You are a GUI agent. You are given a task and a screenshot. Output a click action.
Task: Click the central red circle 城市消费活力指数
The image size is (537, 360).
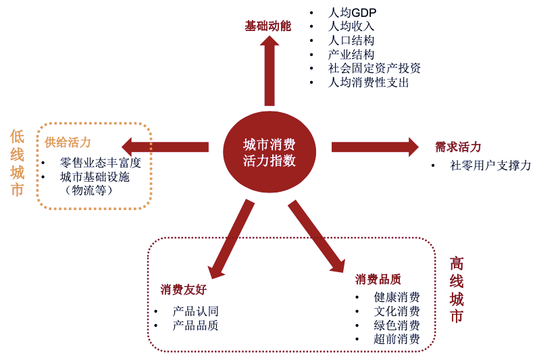[269, 153]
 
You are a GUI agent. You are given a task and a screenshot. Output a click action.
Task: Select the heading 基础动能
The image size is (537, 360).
[267, 26]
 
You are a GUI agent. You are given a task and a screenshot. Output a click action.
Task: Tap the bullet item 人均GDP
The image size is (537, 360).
[352, 13]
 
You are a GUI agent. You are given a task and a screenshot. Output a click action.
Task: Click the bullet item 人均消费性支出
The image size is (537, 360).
[368, 82]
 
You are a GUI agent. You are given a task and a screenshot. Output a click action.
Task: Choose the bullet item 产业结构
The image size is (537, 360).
[351, 54]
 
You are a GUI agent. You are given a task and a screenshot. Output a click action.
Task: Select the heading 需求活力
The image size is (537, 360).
[458, 147]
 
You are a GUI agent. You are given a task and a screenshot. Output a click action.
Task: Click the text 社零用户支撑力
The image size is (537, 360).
[490, 165]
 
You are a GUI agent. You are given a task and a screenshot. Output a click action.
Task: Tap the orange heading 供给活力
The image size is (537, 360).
[68, 143]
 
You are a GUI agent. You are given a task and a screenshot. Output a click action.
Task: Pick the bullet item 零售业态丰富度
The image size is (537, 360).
[100, 163]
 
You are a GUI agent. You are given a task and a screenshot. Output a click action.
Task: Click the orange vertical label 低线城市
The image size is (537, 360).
[17, 163]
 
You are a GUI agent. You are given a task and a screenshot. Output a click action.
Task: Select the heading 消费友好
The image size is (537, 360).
[183, 290]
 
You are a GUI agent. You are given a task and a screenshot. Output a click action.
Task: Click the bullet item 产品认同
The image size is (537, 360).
[195, 311]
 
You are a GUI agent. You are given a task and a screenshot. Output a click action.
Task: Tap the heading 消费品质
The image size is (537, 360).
[378, 279]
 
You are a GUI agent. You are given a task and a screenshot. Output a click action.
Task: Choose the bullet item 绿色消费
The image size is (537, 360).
[397, 325]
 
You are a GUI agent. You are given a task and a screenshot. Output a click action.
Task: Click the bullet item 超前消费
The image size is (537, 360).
[397, 339]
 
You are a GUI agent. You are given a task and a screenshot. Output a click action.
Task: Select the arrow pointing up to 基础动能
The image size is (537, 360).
[270, 71]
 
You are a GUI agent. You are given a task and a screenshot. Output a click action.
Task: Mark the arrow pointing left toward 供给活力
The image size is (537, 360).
[165, 147]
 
